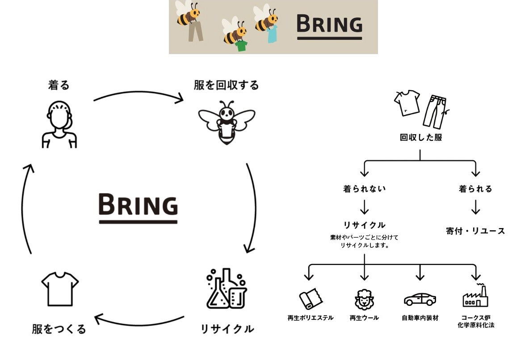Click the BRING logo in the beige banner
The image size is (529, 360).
329,25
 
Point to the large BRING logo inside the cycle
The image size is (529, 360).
138,207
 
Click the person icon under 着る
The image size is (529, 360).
59,124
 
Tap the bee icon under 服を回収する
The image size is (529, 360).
227,123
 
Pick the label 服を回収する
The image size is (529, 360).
226,85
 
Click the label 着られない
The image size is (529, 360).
364,189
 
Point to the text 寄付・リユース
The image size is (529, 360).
475,231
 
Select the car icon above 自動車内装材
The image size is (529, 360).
420,299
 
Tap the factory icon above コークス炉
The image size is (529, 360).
475,296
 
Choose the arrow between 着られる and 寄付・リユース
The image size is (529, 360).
475,207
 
